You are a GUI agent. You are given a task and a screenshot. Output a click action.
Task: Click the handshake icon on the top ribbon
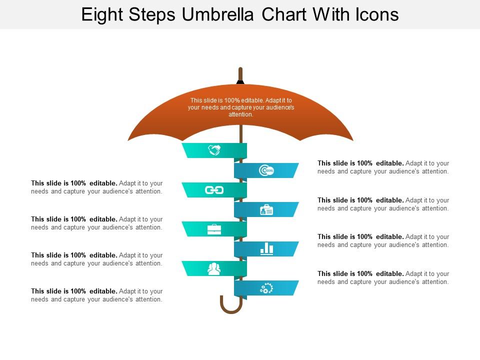pos(214,150)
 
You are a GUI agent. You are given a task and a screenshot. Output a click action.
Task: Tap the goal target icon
pos(266,170)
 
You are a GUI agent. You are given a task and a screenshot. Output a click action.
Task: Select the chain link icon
pos(214,190)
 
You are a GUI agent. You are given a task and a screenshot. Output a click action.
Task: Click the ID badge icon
pos(266,210)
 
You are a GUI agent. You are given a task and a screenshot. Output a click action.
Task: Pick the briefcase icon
pos(214,229)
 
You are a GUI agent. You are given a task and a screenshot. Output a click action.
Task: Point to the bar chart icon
pos(266,248)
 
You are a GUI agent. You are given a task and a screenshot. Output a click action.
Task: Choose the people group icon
pos(214,269)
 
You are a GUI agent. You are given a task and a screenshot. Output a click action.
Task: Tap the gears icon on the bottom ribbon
pos(266,288)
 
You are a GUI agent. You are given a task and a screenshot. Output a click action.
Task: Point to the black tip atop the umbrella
pos(240,81)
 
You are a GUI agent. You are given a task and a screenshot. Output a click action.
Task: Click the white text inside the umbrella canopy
pos(240,107)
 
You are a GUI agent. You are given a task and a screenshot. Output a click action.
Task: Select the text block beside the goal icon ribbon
pos(383,167)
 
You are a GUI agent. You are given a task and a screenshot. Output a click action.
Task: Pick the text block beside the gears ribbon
pos(383,277)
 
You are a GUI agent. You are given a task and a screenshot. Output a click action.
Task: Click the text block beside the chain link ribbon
pos(97,187)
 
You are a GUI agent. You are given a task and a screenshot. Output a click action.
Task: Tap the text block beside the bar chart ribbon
pos(383,240)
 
